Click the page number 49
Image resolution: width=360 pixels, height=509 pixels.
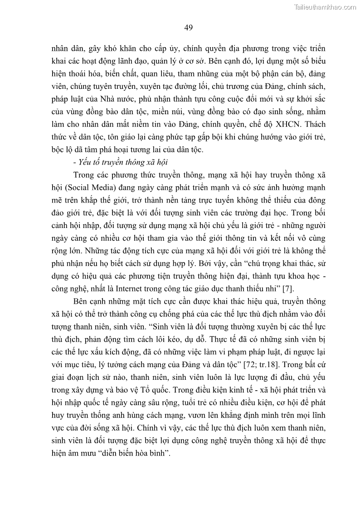[x=189, y=28]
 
